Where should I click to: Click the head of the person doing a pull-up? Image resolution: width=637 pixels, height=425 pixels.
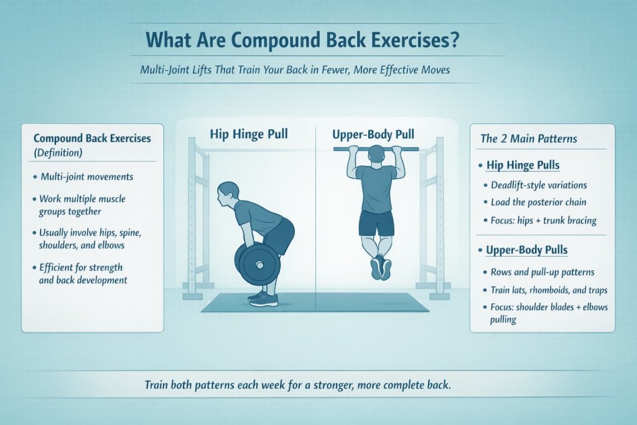[376, 154]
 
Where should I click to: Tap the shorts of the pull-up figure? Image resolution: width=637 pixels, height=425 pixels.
[376, 223]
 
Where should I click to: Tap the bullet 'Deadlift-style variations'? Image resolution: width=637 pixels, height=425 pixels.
[538, 185]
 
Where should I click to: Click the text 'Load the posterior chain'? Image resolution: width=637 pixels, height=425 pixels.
[539, 202]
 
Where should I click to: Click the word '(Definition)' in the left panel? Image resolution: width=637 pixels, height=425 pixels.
[60, 151]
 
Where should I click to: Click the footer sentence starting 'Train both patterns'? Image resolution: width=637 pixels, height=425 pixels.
[297, 385]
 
